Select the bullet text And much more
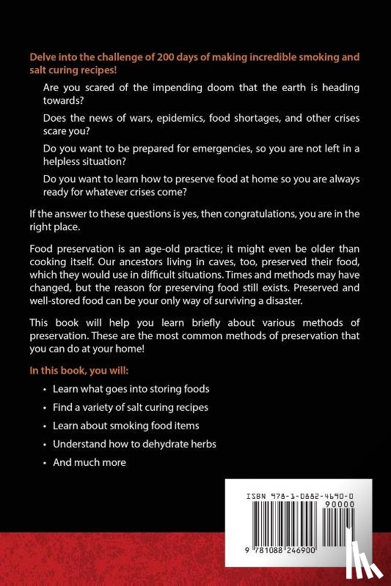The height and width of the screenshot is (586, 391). tap(89, 462)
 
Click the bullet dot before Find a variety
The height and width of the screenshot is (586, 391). tap(45, 407)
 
